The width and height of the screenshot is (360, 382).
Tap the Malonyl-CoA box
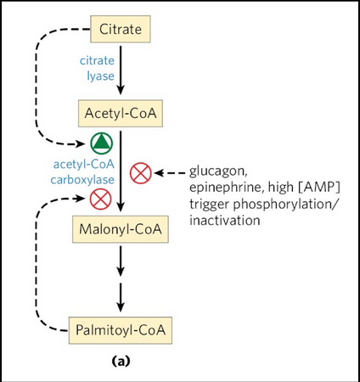121,228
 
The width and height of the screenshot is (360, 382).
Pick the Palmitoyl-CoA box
121,328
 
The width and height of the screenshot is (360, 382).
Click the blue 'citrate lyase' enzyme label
96,68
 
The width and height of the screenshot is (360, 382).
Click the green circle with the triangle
101,143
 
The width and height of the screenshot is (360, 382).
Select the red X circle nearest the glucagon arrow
140,173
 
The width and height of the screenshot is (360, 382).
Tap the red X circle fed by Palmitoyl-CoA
101,199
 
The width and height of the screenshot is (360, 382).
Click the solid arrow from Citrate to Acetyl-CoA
121,71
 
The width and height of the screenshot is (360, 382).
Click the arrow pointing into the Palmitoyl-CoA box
121,296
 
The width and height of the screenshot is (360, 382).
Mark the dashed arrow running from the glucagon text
170,173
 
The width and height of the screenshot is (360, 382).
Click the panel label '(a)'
121,361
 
